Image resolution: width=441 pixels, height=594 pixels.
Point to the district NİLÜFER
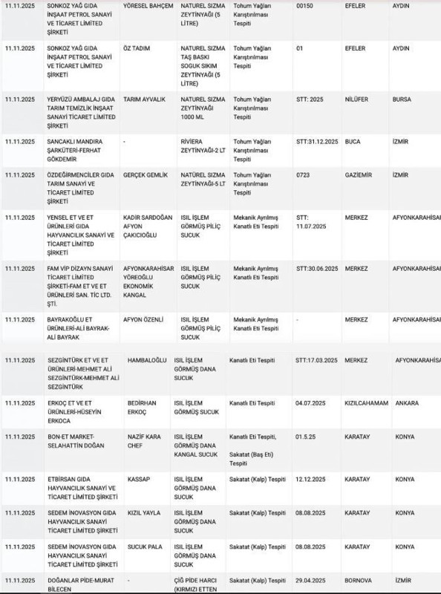pos(357,99)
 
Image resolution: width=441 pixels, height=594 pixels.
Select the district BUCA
pos(353,141)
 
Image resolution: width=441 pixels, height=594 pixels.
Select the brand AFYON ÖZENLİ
pos(145,319)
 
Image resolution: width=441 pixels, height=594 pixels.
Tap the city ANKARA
pos(407,403)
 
